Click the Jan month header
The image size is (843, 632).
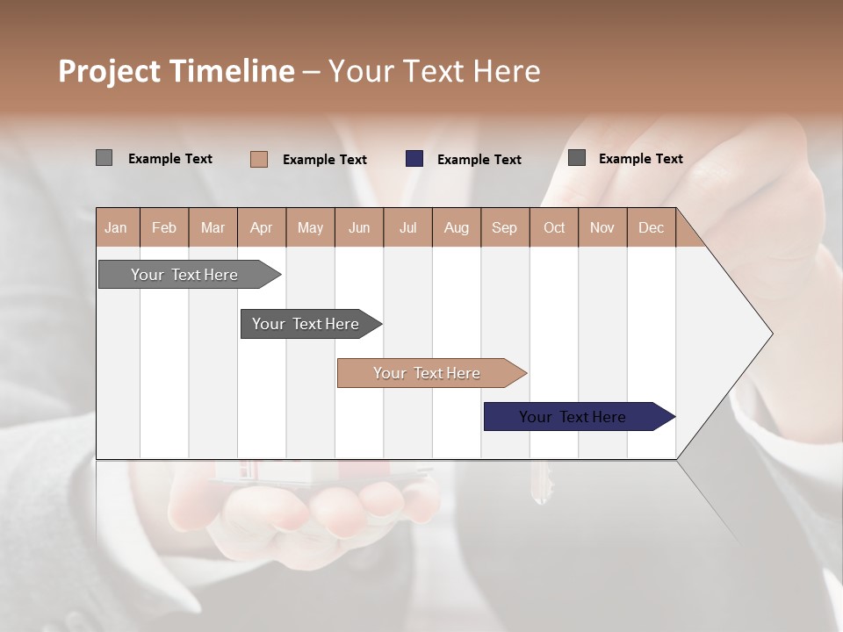116,227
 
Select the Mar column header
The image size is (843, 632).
213,227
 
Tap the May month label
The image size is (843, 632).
310,227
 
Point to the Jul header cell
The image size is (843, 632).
407,227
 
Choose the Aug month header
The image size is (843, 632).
456,227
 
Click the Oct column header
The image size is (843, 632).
554,227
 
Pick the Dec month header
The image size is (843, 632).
651,227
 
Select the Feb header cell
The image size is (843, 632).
164,227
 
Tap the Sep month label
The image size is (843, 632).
504,227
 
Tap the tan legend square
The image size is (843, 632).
258,159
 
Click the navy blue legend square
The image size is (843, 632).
414,159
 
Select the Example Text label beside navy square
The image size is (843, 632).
479,160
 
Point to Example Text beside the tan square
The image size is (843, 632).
324,160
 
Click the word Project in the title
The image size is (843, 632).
108,71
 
